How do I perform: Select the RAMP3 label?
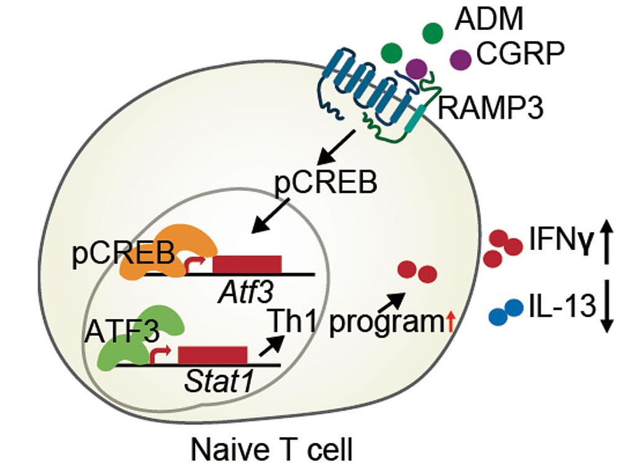[489, 110]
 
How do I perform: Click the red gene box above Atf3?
[247, 264]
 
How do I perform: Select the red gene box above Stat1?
[212, 355]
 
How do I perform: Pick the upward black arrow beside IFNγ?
[607, 244]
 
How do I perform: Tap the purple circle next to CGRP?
[460, 59]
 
